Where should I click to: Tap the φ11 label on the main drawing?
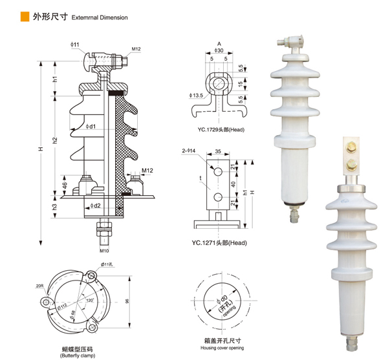pos(75,44)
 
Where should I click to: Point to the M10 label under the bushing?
pos(104,250)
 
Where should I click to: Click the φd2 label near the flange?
pos(94,206)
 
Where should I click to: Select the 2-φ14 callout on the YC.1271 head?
pos(190,151)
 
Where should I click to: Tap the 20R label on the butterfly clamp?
pos(40,285)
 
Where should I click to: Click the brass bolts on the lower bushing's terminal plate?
pos(352,156)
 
